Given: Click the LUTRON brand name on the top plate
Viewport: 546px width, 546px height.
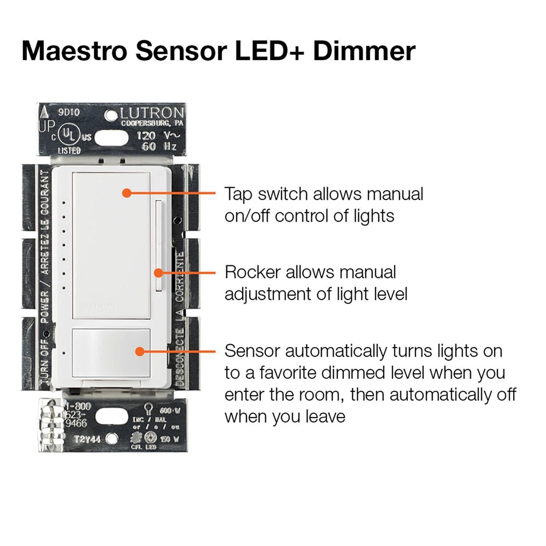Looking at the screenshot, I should click(152, 113).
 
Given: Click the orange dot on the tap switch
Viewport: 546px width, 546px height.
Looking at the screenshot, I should click(126, 193).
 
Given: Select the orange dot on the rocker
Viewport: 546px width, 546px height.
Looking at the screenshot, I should click(158, 273).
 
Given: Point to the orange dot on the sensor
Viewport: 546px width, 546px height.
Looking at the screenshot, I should click(139, 351).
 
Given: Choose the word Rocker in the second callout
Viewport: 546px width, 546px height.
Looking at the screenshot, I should click(253, 272).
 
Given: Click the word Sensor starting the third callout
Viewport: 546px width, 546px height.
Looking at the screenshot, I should click(251, 351).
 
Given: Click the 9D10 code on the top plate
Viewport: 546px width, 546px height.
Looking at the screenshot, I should click(69, 112).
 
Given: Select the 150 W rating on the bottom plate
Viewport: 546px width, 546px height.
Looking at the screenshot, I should click(169, 439).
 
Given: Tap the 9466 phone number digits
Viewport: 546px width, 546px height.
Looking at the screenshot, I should click(76, 423).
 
